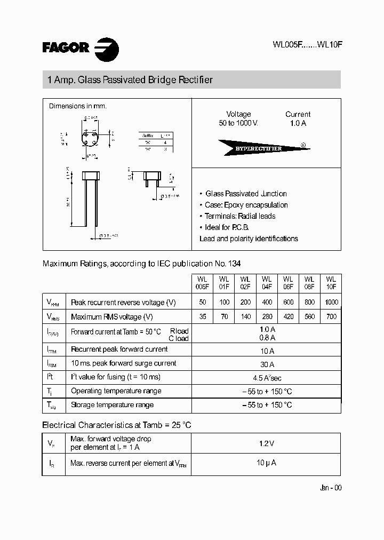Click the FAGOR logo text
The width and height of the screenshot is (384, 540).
[66, 47]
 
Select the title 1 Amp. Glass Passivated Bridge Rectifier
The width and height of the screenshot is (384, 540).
[130, 80]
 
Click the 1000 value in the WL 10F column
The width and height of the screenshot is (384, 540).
[330, 302]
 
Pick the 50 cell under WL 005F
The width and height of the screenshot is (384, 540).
[202, 302]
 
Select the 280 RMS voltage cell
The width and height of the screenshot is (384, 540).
[266, 316]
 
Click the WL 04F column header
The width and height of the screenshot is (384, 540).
[266, 283]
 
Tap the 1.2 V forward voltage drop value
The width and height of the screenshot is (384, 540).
[266, 443]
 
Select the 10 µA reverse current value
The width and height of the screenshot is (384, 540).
[266, 463]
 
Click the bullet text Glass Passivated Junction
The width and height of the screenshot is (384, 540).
[246, 194]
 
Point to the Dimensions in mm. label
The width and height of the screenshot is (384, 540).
[78, 106]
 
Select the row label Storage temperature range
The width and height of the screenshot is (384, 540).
[112, 405]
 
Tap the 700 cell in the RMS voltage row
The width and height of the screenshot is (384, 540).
[330, 316]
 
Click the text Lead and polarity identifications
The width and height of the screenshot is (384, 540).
[249, 239]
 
